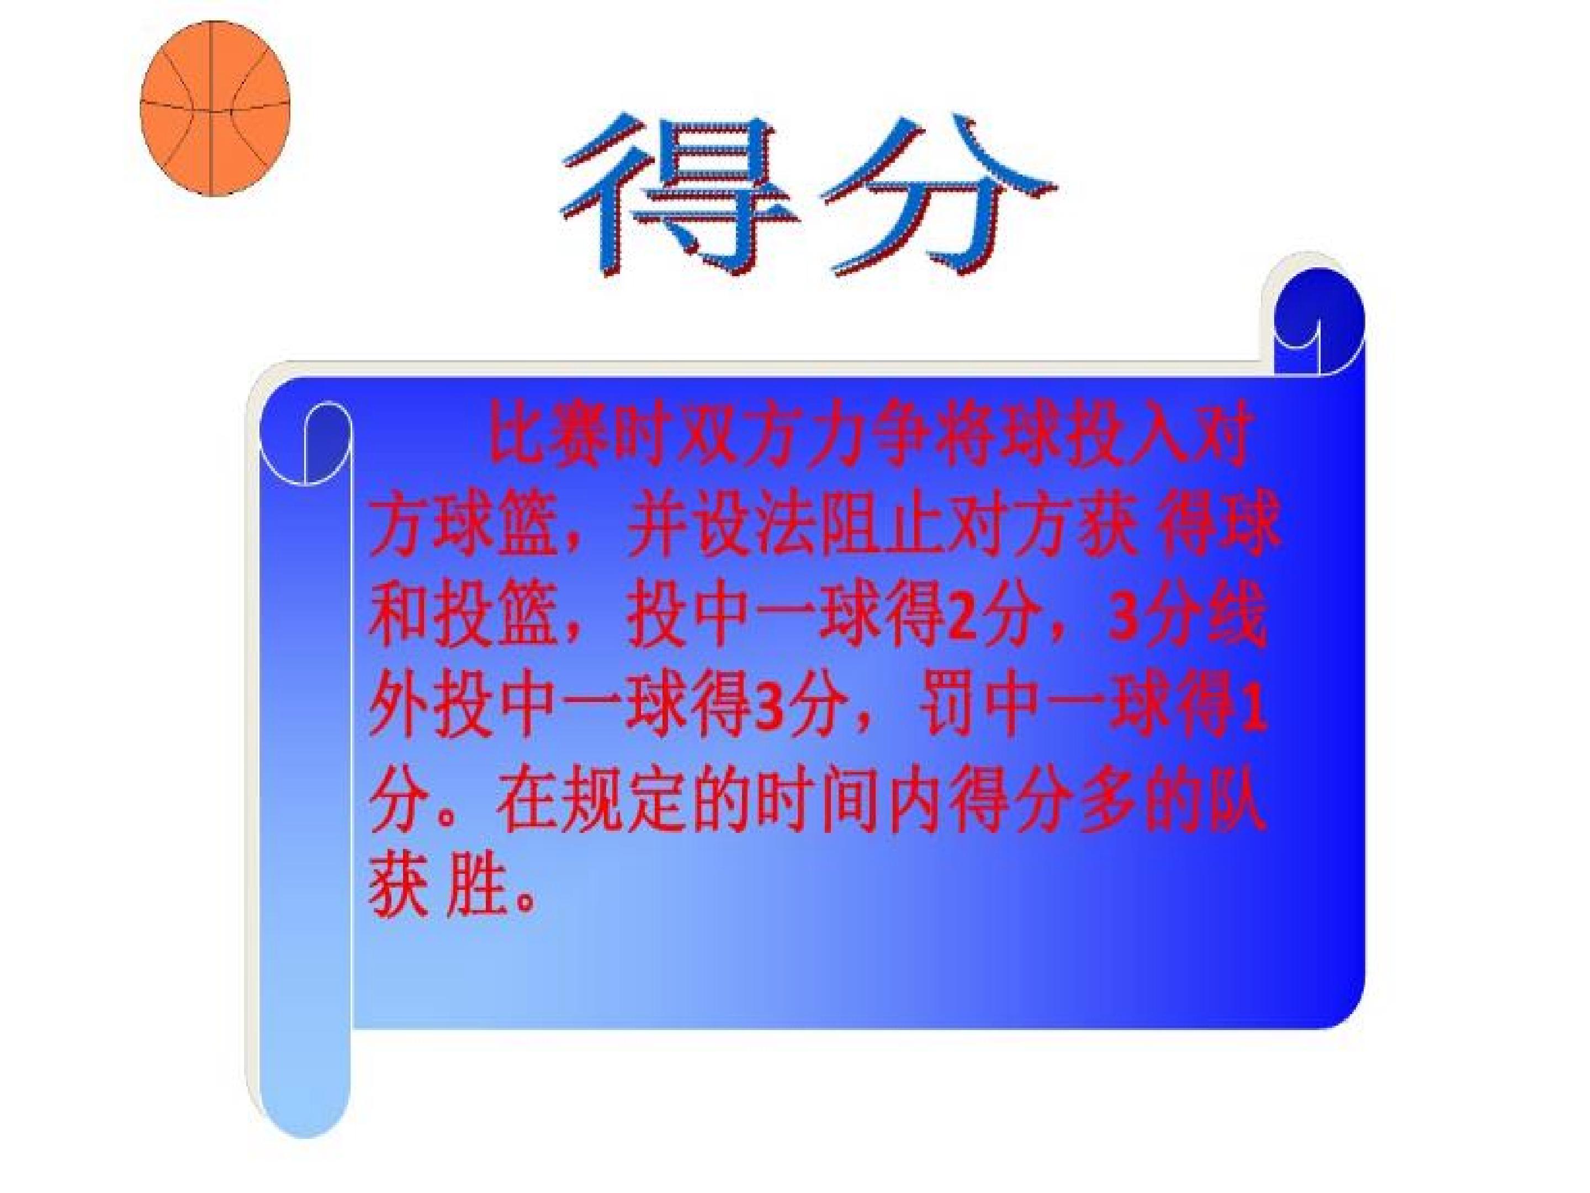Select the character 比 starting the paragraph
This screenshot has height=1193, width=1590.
(x=515, y=440)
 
